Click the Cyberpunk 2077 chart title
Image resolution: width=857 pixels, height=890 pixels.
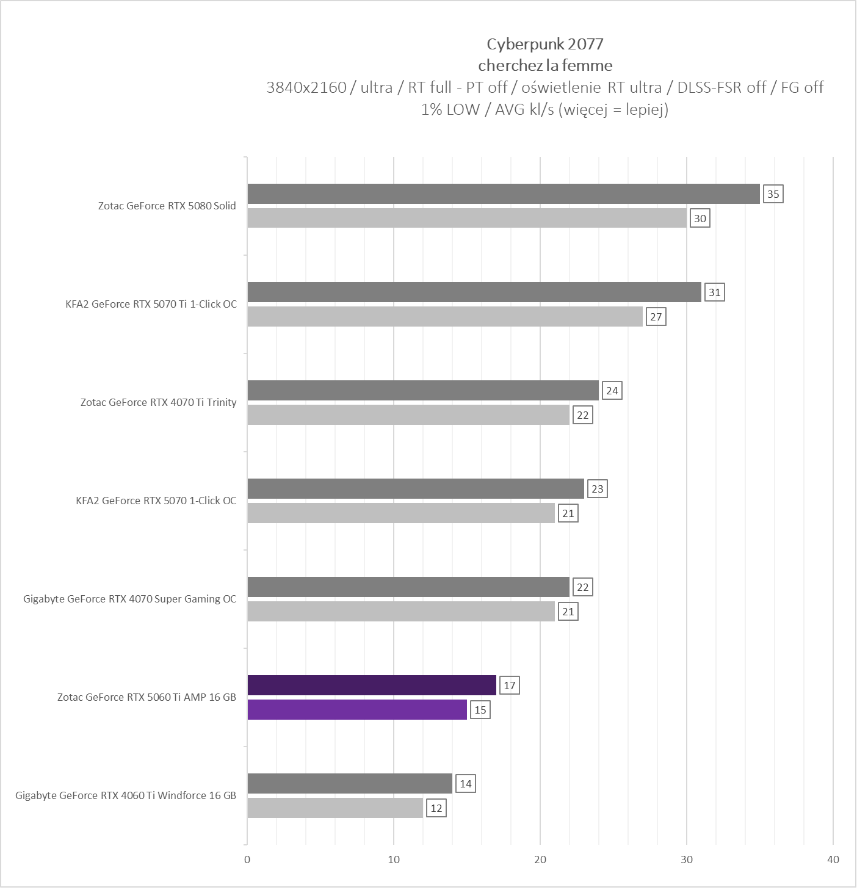tap(544, 44)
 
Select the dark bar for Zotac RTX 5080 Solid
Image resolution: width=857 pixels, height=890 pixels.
tap(504, 194)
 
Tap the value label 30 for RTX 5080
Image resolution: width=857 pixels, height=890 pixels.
tap(700, 219)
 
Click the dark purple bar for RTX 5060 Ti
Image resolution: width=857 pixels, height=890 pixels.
tap(372, 686)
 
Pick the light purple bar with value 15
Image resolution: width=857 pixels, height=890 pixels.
tap(357, 710)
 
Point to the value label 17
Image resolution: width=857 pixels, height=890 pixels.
tap(509, 686)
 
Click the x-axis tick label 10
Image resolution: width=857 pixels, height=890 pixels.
tap(394, 859)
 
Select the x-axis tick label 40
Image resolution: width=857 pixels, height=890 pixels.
tap(833, 859)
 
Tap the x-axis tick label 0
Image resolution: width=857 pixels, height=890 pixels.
tap(247, 859)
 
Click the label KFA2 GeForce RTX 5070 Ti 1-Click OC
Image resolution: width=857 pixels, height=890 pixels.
tap(151, 304)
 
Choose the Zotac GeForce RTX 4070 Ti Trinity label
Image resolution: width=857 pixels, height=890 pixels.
tap(158, 402)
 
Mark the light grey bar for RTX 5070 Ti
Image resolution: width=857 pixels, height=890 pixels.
tap(445, 317)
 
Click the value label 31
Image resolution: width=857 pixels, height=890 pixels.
tap(714, 292)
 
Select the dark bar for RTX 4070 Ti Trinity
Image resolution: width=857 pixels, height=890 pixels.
tap(423, 391)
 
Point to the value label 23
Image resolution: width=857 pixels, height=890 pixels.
tap(597, 489)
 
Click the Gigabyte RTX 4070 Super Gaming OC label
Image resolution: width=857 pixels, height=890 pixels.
tap(129, 599)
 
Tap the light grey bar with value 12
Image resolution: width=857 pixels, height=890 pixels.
tap(335, 808)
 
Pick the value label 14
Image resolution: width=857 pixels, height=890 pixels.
tap(465, 784)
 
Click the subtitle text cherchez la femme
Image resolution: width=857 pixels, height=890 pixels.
tap(544, 65)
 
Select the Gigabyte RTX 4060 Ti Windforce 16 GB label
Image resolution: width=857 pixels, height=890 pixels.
tap(126, 795)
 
